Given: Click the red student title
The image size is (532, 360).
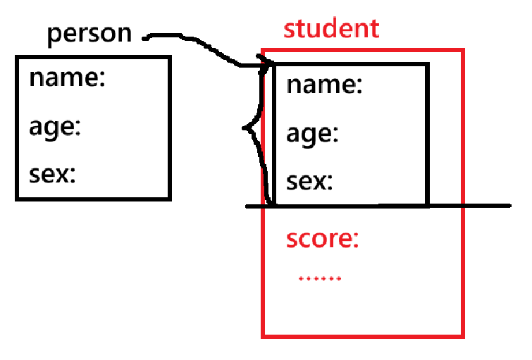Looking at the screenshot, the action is [330, 30].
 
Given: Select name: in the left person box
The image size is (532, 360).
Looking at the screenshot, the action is [67, 78].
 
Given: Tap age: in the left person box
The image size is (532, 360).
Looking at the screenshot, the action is [56, 128].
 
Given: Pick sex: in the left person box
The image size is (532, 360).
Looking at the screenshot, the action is [52, 174].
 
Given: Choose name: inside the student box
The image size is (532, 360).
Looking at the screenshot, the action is [324, 85].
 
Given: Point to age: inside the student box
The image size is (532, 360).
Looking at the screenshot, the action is [313, 134].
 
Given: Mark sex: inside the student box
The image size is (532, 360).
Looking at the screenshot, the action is [309, 182].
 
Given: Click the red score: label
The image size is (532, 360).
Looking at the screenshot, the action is [322, 239].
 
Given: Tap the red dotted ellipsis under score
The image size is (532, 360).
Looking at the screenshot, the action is [320, 279].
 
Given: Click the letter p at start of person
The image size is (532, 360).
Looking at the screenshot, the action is [54, 37].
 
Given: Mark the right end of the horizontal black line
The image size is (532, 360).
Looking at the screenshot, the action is [508, 206].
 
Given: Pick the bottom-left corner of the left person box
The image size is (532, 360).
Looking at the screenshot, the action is [17, 199].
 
